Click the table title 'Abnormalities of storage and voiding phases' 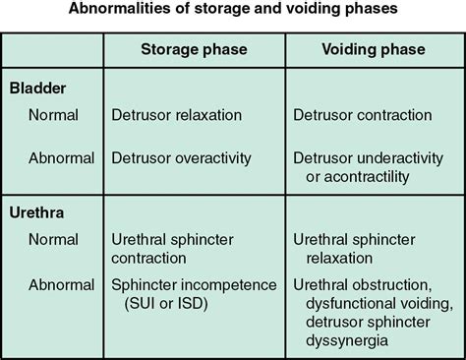pyautogui.click(x=233, y=13)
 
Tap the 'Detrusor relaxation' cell pyautogui.click(x=177, y=115)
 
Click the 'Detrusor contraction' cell pyautogui.click(x=363, y=115)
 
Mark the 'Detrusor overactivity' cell pyautogui.click(x=181, y=157)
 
